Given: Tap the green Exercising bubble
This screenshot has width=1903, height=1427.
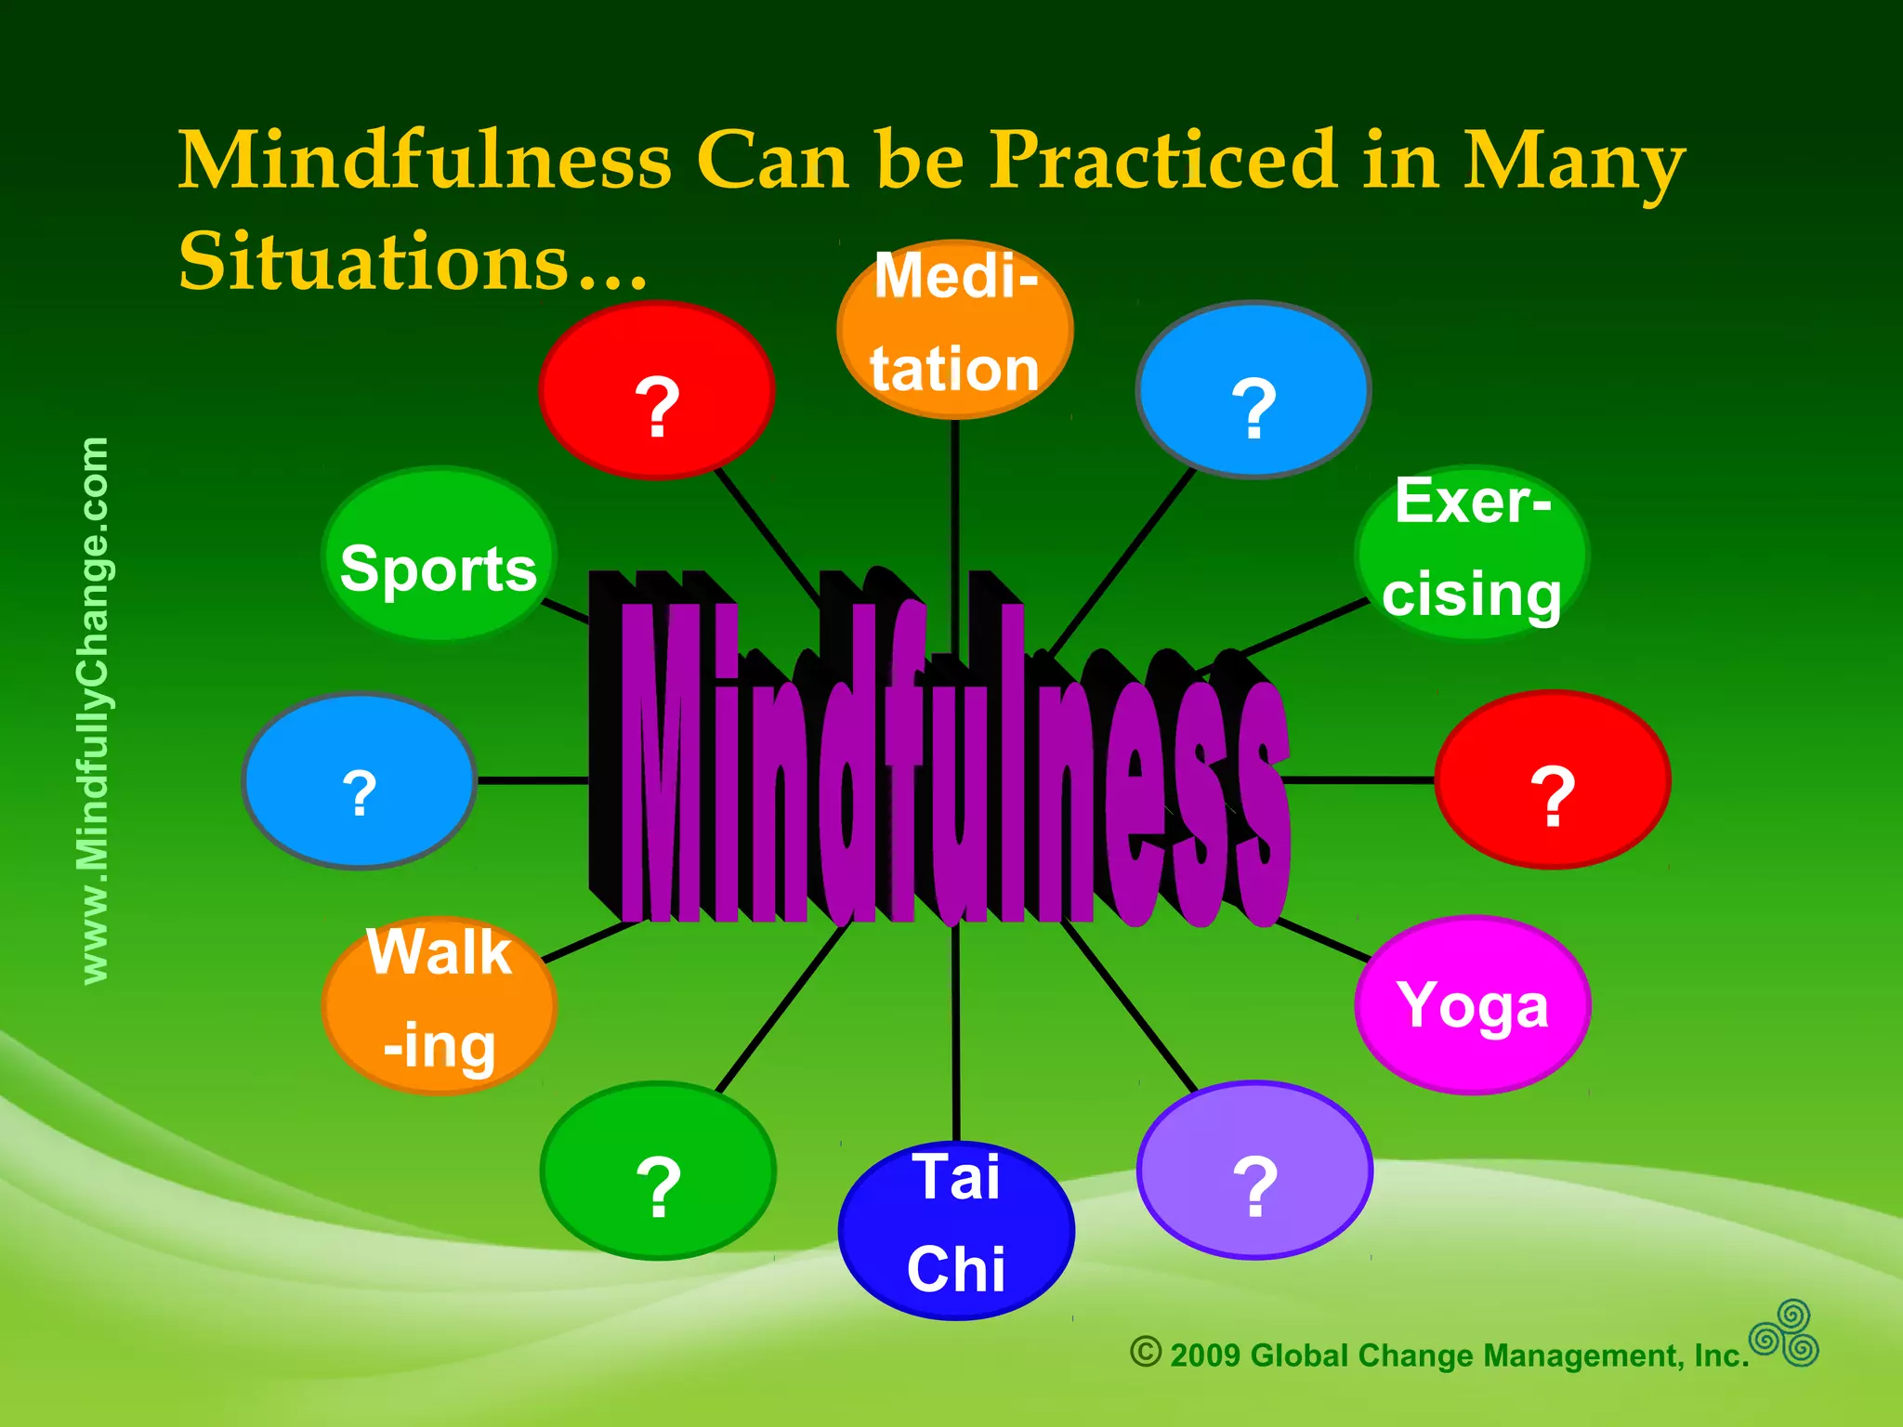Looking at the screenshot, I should click(1472, 553).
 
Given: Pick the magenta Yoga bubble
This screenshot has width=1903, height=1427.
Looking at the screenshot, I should click(1473, 1005).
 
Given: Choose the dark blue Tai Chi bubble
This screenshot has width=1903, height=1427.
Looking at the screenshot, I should click(956, 1228).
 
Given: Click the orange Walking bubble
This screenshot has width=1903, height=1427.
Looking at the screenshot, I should click(440, 1005).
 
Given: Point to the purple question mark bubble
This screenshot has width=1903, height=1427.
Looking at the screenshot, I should click(1254, 1171).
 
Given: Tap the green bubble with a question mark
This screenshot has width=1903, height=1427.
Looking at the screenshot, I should click(658, 1171).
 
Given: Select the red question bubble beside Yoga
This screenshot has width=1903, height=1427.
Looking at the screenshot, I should click(1553, 780).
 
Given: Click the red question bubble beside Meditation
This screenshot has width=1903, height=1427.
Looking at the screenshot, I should click(657, 390).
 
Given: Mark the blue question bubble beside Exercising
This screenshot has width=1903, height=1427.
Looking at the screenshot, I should click(1253, 390).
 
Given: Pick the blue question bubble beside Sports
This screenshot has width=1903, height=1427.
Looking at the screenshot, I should click(360, 781).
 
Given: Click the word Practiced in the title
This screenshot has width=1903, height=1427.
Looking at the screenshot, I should click(1162, 160).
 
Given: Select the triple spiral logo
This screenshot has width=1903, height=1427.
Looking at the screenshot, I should click(1784, 1334).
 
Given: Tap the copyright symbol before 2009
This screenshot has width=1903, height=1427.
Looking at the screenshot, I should click(1146, 1352).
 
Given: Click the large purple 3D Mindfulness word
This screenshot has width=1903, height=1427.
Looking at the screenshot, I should click(938, 762).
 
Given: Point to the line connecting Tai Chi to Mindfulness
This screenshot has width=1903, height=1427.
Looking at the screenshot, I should click(956, 1031).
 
